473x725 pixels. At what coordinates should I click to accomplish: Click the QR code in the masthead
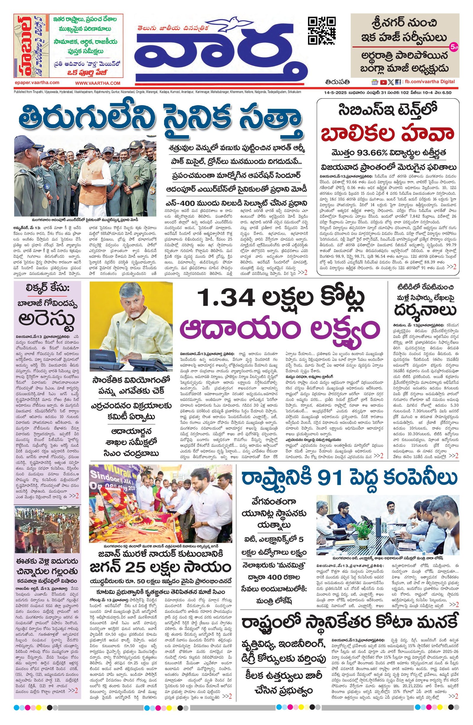pos(322,31)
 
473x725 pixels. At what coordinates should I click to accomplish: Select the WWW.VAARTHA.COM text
pos(98,83)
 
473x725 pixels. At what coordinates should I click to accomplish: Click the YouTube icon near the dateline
pos(383,82)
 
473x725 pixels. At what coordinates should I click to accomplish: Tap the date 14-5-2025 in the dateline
pos(335,92)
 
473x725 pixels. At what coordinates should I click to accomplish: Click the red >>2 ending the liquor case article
pos(74,496)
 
